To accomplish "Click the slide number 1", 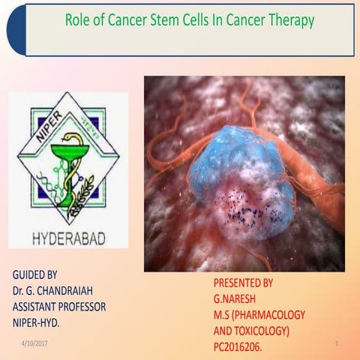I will coord(337,343).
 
